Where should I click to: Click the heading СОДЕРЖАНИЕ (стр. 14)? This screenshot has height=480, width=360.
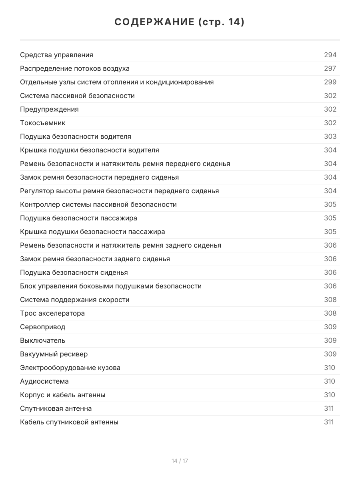coord(180,22)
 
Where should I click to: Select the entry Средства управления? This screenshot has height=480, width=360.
coord(56,55)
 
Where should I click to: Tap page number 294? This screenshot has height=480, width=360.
coord(330,55)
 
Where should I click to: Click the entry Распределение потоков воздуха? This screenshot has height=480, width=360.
coord(75,68)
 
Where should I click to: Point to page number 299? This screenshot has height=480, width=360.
coord(330,82)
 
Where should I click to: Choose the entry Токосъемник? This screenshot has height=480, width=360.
coord(43,123)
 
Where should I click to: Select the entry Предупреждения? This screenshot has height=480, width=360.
coord(49,109)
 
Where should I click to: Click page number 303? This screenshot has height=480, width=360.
coord(330,136)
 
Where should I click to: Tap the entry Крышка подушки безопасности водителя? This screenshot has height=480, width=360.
coord(90,150)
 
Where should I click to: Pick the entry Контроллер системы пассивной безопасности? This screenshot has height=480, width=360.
coord(98,204)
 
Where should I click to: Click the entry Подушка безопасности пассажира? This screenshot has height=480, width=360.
coord(78,218)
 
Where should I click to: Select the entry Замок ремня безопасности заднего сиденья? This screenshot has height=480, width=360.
coord(95,259)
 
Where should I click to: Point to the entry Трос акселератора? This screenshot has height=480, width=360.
coord(52,313)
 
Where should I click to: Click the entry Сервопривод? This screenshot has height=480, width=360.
coord(43,327)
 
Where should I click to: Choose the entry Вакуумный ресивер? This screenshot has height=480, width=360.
coord(54,354)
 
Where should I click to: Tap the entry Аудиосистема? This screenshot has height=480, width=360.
coord(44,381)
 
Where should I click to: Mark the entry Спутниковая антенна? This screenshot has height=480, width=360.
coord(56,408)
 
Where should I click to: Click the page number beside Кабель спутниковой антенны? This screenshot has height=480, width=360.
coord(328,422)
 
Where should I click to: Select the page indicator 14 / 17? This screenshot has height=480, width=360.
coord(180,461)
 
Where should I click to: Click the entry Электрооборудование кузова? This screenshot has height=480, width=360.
coord(70,368)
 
